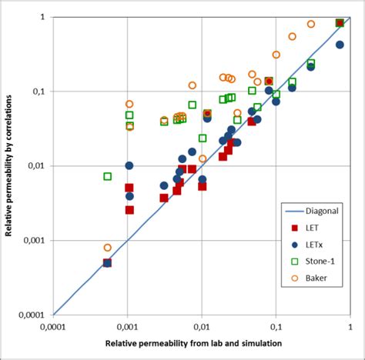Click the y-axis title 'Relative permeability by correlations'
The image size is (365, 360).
(10, 165)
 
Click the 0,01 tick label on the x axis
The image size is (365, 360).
(202, 325)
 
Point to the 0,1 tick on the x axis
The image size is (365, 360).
(276, 325)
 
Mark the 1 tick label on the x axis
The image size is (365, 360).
(350, 325)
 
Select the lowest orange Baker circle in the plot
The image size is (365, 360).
(108, 248)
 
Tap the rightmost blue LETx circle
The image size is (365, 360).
(340, 45)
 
